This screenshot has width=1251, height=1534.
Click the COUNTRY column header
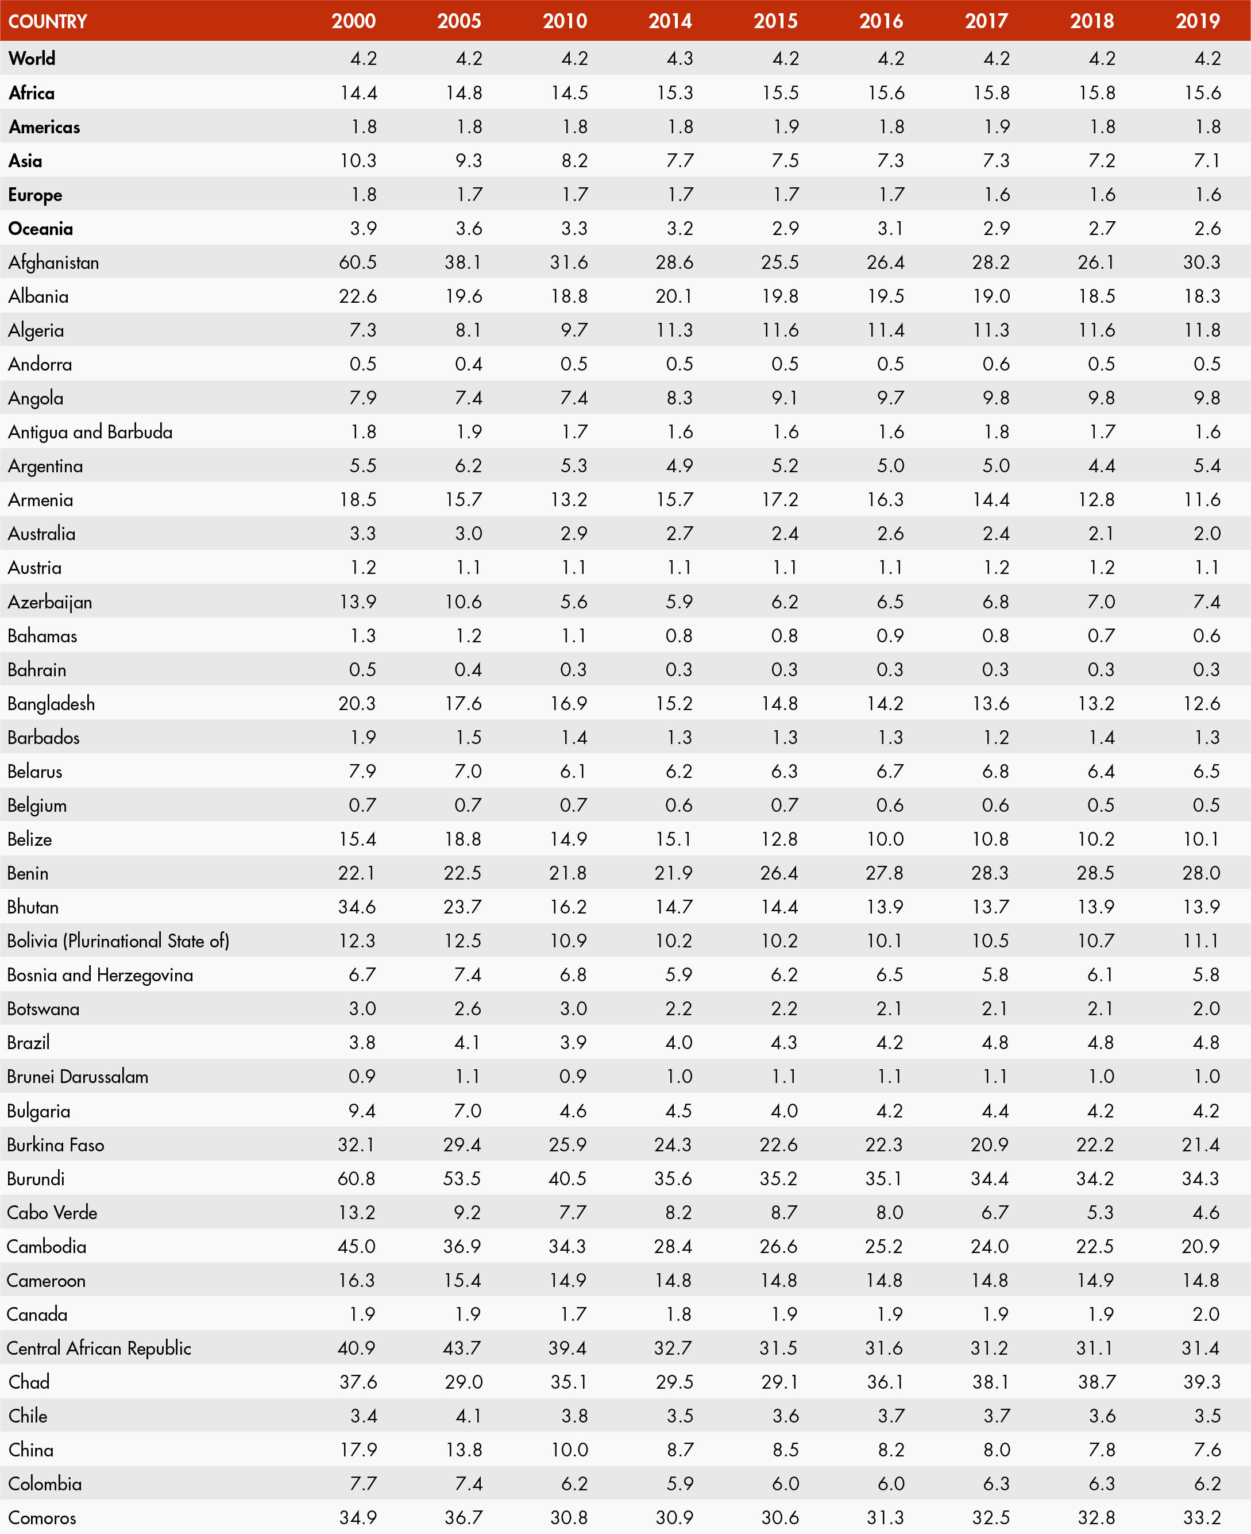[x=48, y=21]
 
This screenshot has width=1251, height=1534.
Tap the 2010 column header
[x=565, y=21]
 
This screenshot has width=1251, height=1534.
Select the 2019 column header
[x=1198, y=21]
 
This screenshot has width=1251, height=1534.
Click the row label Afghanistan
[x=53, y=263]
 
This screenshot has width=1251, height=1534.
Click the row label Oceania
[x=40, y=229]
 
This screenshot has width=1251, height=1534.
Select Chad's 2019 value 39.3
[x=1200, y=1382]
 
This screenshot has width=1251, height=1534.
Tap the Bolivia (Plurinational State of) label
[x=118, y=941]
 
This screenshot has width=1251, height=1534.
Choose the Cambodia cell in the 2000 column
[x=357, y=1246]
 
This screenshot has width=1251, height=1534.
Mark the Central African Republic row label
[x=99, y=1348]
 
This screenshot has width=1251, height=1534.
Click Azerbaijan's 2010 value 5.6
[x=574, y=602]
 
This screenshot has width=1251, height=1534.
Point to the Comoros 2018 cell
[x=1095, y=1517]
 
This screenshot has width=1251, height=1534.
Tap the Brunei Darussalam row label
[x=78, y=1076]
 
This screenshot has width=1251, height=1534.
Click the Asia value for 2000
[x=358, y=161]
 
